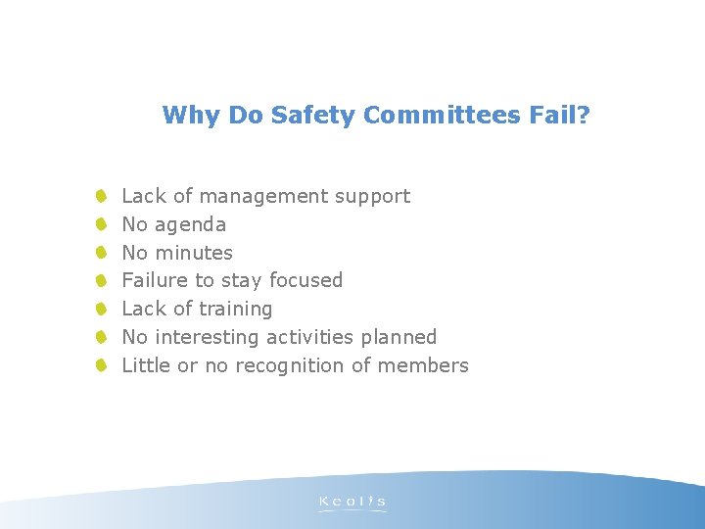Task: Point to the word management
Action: click(x=263, y=196)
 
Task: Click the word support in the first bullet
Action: click(x=372, y=197)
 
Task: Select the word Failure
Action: click(x=154, y=280)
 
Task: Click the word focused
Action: click(x=305, y=280)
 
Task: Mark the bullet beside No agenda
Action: click(x=101, y=225)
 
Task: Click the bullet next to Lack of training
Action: click(x=101, y=309)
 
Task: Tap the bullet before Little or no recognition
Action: click(x=101, y=365)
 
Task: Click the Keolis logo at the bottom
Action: click(x=352, y=503)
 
